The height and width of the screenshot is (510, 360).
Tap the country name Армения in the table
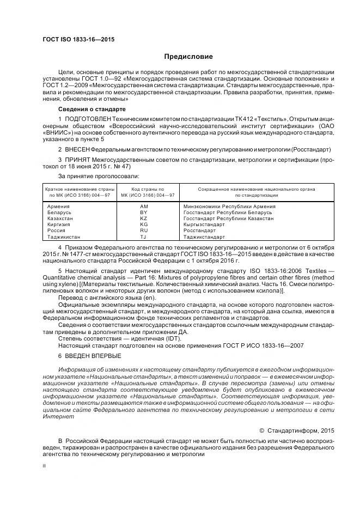click(58, 207)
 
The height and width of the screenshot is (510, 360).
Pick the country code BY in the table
click(144, 212)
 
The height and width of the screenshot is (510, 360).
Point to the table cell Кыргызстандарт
click(204, 224)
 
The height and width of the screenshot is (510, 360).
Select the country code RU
click(144, 230)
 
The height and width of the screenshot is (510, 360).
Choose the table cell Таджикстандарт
click(204, 237)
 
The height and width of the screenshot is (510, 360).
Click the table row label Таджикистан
click(64, 237)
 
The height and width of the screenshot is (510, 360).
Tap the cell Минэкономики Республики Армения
click(229, 207)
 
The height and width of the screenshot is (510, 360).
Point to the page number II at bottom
click(45, 466)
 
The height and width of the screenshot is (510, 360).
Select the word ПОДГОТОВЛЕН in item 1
click(89, 119)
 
